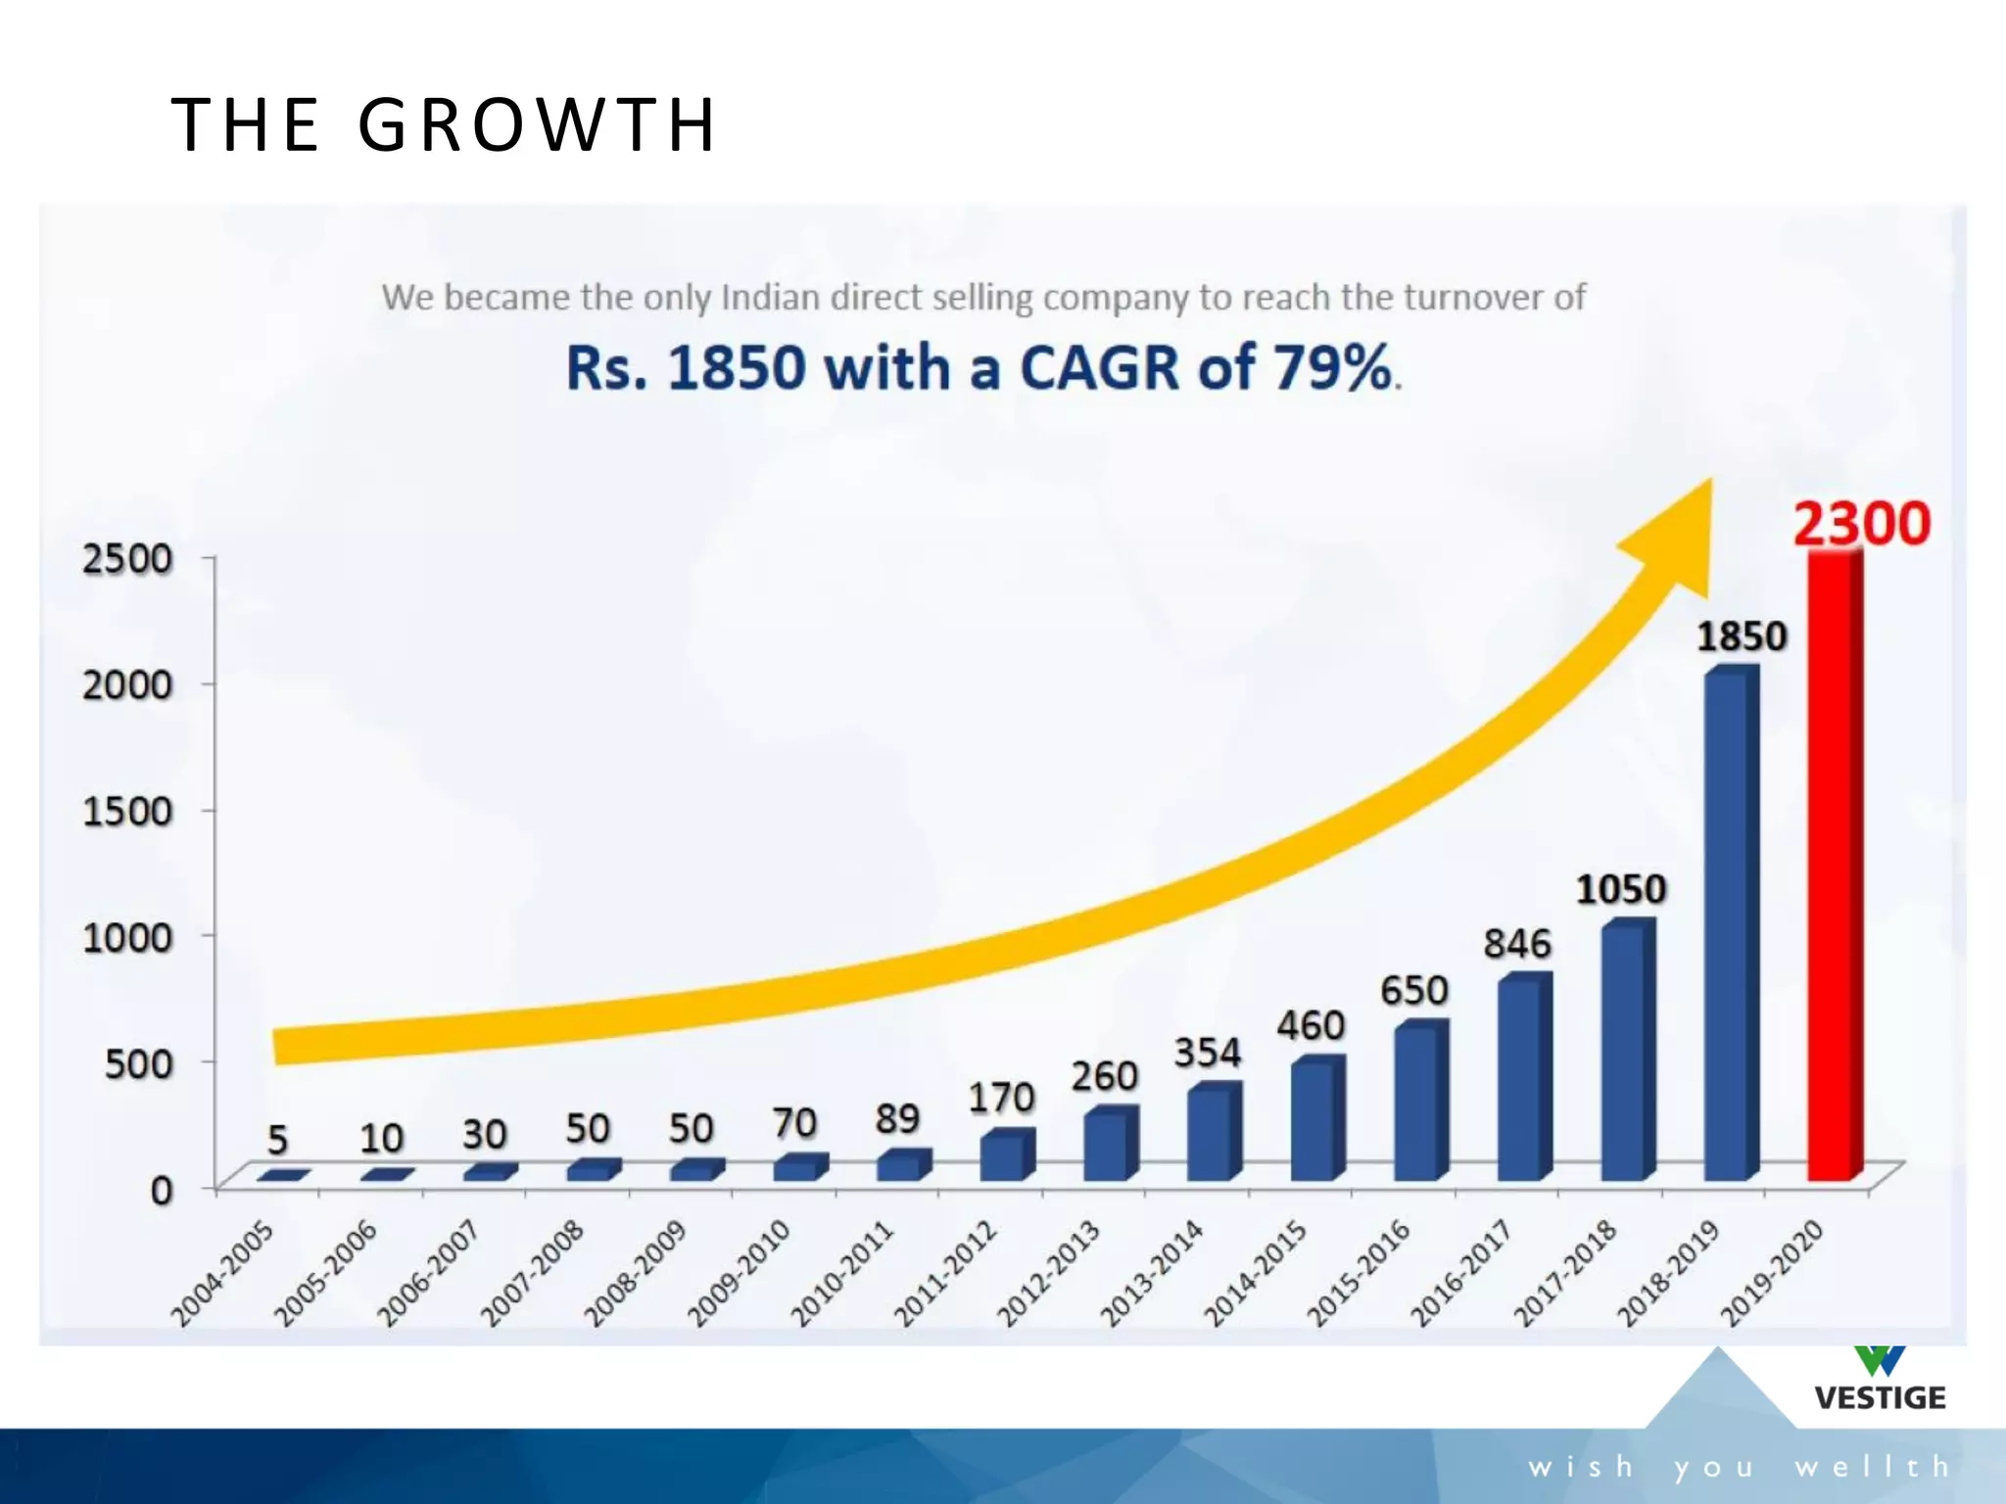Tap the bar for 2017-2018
tap(1626, 1053)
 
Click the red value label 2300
tap(1861, 524)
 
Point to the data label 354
tap(1208, 1053)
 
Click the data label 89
tap(897, 1119)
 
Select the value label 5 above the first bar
tap(278, 1140)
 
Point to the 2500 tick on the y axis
tap(127, 559)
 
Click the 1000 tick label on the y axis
tap(127, 938)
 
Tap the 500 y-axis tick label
tap(138, 1064)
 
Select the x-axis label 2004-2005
tap(222, 1274)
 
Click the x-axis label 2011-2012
tap(945, 1274)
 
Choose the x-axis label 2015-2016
tap(1359, 1274)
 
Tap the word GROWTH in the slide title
tap(538, 125)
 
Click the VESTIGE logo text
tap(1880, 1397)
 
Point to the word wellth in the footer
tap(1872, 1467)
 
